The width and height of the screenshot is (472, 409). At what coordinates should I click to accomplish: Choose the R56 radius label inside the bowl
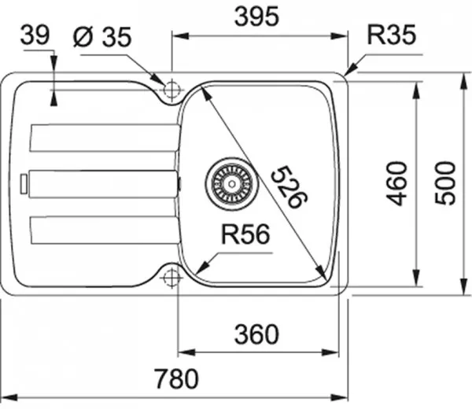click(x=245, y=234)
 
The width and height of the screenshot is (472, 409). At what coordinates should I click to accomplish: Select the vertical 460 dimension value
click(x=399, y=182)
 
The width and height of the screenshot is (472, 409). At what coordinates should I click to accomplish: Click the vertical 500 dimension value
click(x=446, y=182)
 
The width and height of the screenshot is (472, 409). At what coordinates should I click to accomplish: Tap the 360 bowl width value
click(x=257, y=334)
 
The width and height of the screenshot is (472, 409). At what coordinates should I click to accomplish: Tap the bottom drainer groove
click(x=102, y=230)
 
